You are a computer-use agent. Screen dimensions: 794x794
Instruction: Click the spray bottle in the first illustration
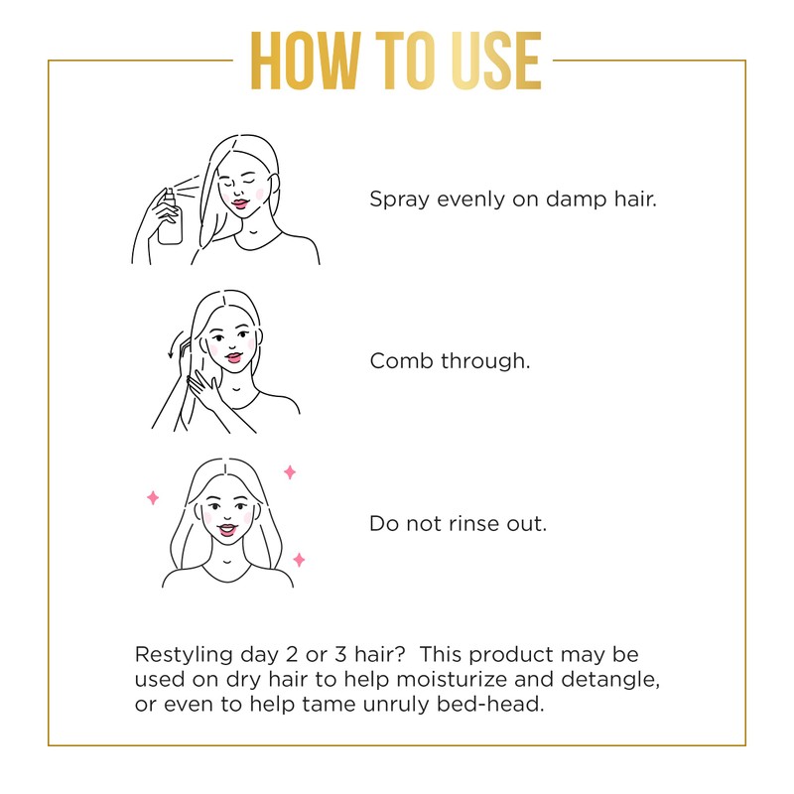(x=170, y=219)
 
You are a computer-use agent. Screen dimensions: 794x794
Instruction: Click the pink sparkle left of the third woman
(x=153, y=497)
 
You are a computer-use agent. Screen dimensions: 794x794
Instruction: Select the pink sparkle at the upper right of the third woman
(x=290, y=471)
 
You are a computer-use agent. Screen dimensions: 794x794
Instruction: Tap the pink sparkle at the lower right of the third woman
(x=299, y=560)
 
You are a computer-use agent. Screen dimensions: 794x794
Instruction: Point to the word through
(x=485, y=361)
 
